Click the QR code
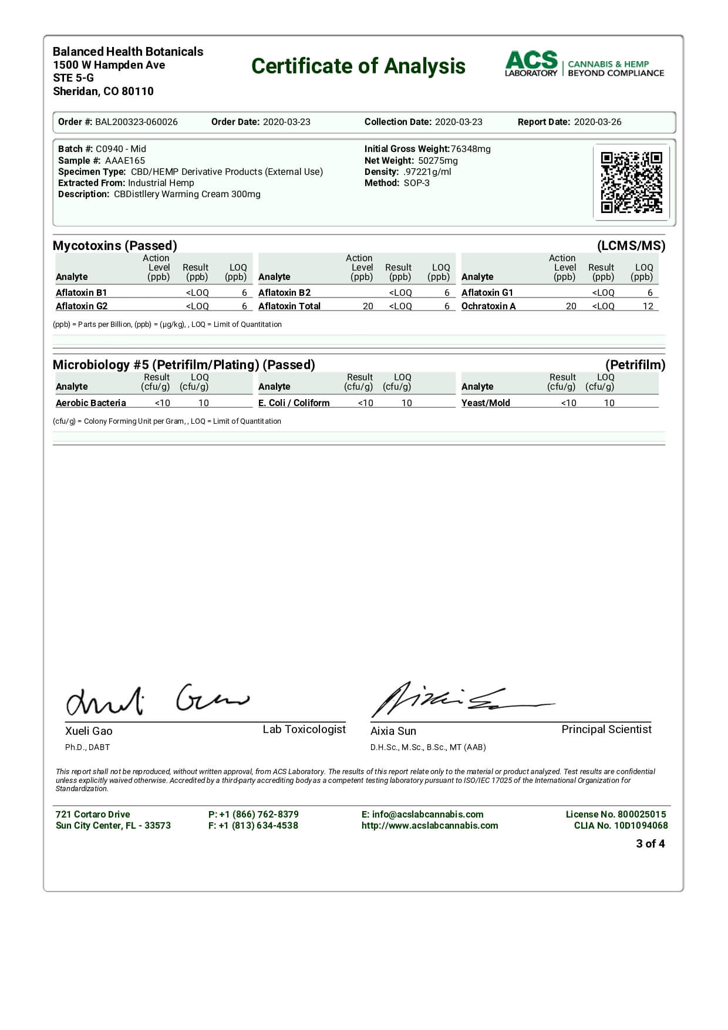point(631,182)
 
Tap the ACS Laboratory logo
point(584,65)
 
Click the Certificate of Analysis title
point(358,66)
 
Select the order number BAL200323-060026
point(136,122)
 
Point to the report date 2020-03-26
point(597,122)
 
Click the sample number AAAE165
point(125,160)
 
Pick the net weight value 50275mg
point(438,160)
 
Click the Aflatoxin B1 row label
point(81,292)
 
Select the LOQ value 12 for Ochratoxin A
point(648,306)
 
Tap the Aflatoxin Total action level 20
point(368,306)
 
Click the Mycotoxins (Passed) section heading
point(114,245)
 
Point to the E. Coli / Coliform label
point(294,403)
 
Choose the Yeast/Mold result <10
point(568,403)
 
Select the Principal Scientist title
point(606,729)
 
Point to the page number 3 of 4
point(650,843)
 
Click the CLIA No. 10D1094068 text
point(621,825)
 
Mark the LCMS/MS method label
point(631,245)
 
